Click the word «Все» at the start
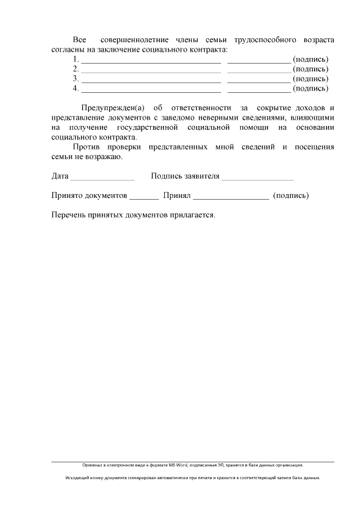pyautogui.click(x=80, y=40)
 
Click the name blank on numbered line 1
pyautogui.click(x=151, y=60)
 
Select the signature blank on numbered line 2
pyautogui.click(x=259, y=69)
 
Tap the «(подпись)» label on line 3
pyautogui.click(x=311, y=79)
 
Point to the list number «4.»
pyautogui.click(x=76, y=88)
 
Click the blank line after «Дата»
pyautogui.click(x=102, y=177)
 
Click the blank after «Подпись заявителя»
pyautogui.click(x=257, y=177)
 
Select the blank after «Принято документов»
pyautogui.click(x=144, y=196)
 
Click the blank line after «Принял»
pyautogui.click(x=231, y=196)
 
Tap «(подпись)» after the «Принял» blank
pyautogui.click(x=290, y=196)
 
